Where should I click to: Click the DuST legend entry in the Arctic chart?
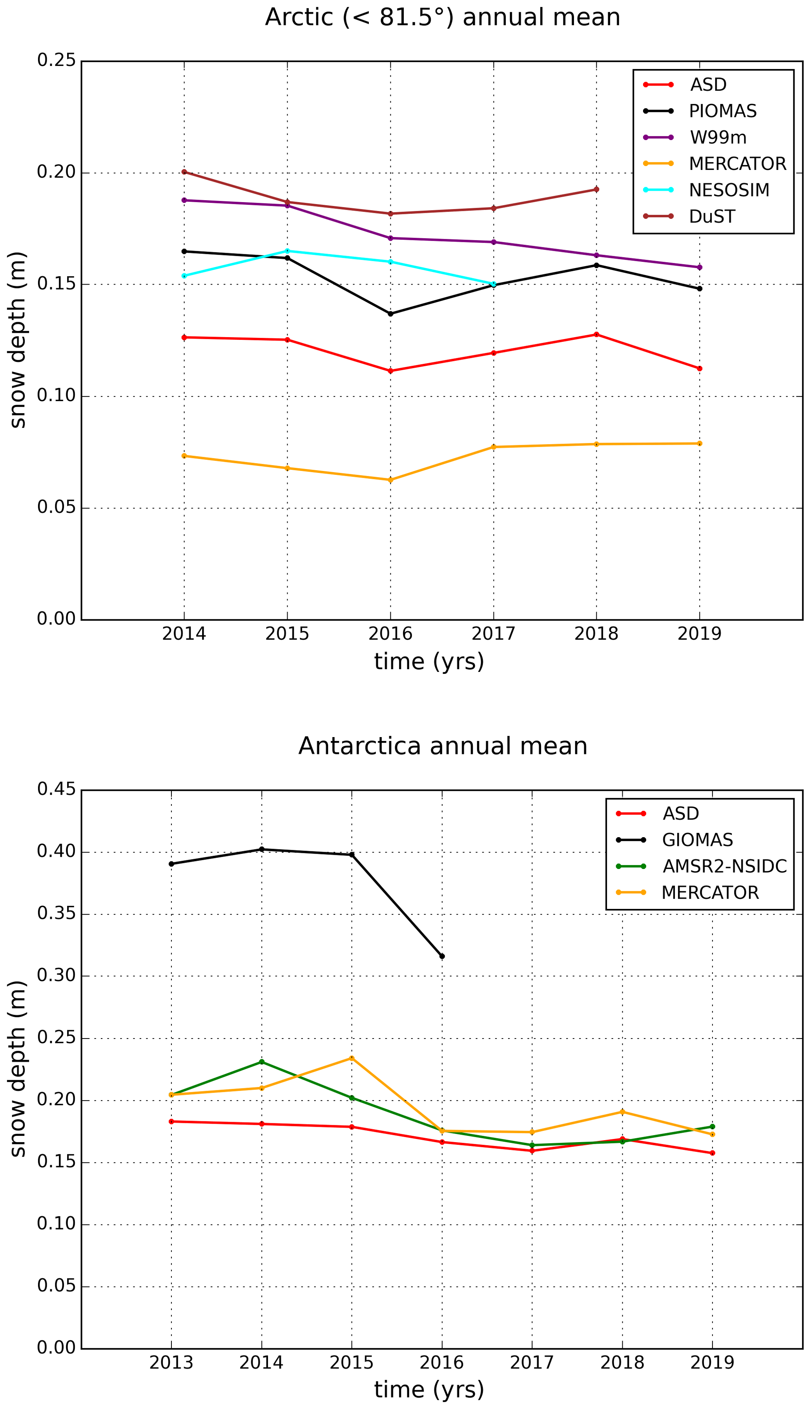[x=711, y=216]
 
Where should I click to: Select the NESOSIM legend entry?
[x=729, y=190]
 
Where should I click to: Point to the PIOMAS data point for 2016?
[x=390, y=314]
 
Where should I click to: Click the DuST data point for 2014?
[x=184, y=172]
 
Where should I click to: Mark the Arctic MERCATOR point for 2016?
[x=390, y=480]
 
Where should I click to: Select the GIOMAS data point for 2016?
[x=442, y=956]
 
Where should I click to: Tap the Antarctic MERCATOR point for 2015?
[x=352, y=1058]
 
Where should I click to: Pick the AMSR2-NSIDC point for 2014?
[x=262, y=1062]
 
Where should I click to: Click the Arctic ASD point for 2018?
[x=596, y=334]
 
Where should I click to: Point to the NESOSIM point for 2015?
[x=288, y=251]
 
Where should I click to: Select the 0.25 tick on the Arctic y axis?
[x=56, y=60]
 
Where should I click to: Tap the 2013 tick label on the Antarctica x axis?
[x=171, y=1362]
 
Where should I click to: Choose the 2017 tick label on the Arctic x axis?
[x=494, y=633]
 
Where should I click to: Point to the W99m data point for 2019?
[x=700, y=267]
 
